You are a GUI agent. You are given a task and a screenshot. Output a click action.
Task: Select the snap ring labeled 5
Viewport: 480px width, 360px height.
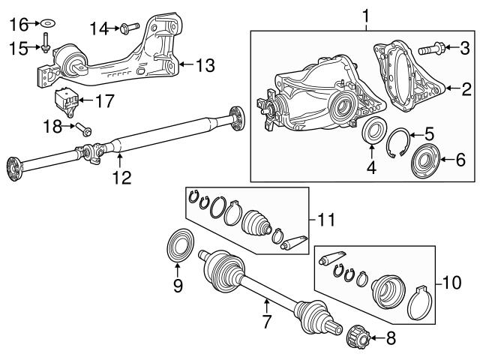point(399,142)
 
